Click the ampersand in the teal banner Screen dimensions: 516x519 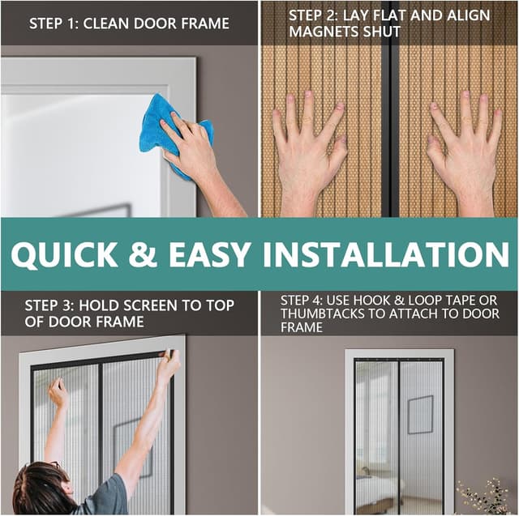144,254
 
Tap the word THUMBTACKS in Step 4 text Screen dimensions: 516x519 321,314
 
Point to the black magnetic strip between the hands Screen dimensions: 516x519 393,122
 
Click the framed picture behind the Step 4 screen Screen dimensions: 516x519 420,414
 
